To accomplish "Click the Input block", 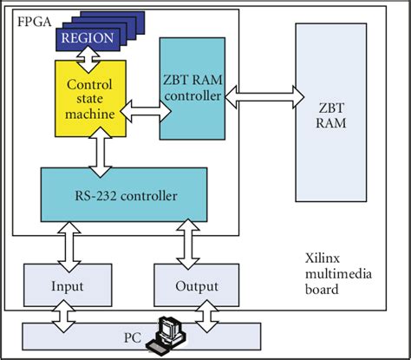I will click(67, 285).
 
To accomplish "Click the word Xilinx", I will click(324, 259).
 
